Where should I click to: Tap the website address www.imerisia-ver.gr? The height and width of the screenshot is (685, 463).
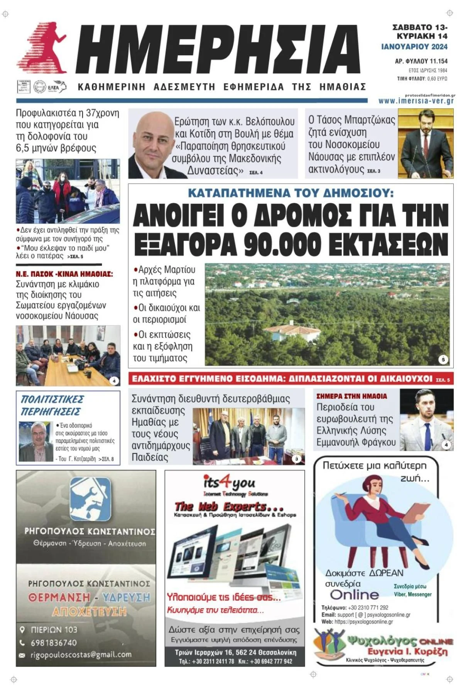[x=416, y=101]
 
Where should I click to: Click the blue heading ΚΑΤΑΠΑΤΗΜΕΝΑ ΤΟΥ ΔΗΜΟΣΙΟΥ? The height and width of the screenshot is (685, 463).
[x=291, y=193]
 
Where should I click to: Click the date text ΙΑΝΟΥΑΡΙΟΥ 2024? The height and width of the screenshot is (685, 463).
[x=414, y=47]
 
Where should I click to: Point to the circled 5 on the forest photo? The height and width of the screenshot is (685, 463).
[x=443, y=359]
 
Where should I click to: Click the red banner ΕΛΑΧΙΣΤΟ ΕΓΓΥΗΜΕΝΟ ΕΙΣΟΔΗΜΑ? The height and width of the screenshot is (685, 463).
[x=282, y=379]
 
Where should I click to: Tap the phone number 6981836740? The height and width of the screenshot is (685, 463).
[x=54, y=643]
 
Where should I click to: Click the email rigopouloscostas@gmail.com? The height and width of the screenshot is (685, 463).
[x=81, y=654]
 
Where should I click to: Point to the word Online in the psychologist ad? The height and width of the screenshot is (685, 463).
[x=354, y=594]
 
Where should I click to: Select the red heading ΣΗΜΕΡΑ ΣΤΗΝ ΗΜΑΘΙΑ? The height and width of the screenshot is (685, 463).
[x=351, y=396]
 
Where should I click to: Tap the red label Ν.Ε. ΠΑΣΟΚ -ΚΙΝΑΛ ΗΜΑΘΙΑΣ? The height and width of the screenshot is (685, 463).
[x=64, y=274]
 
